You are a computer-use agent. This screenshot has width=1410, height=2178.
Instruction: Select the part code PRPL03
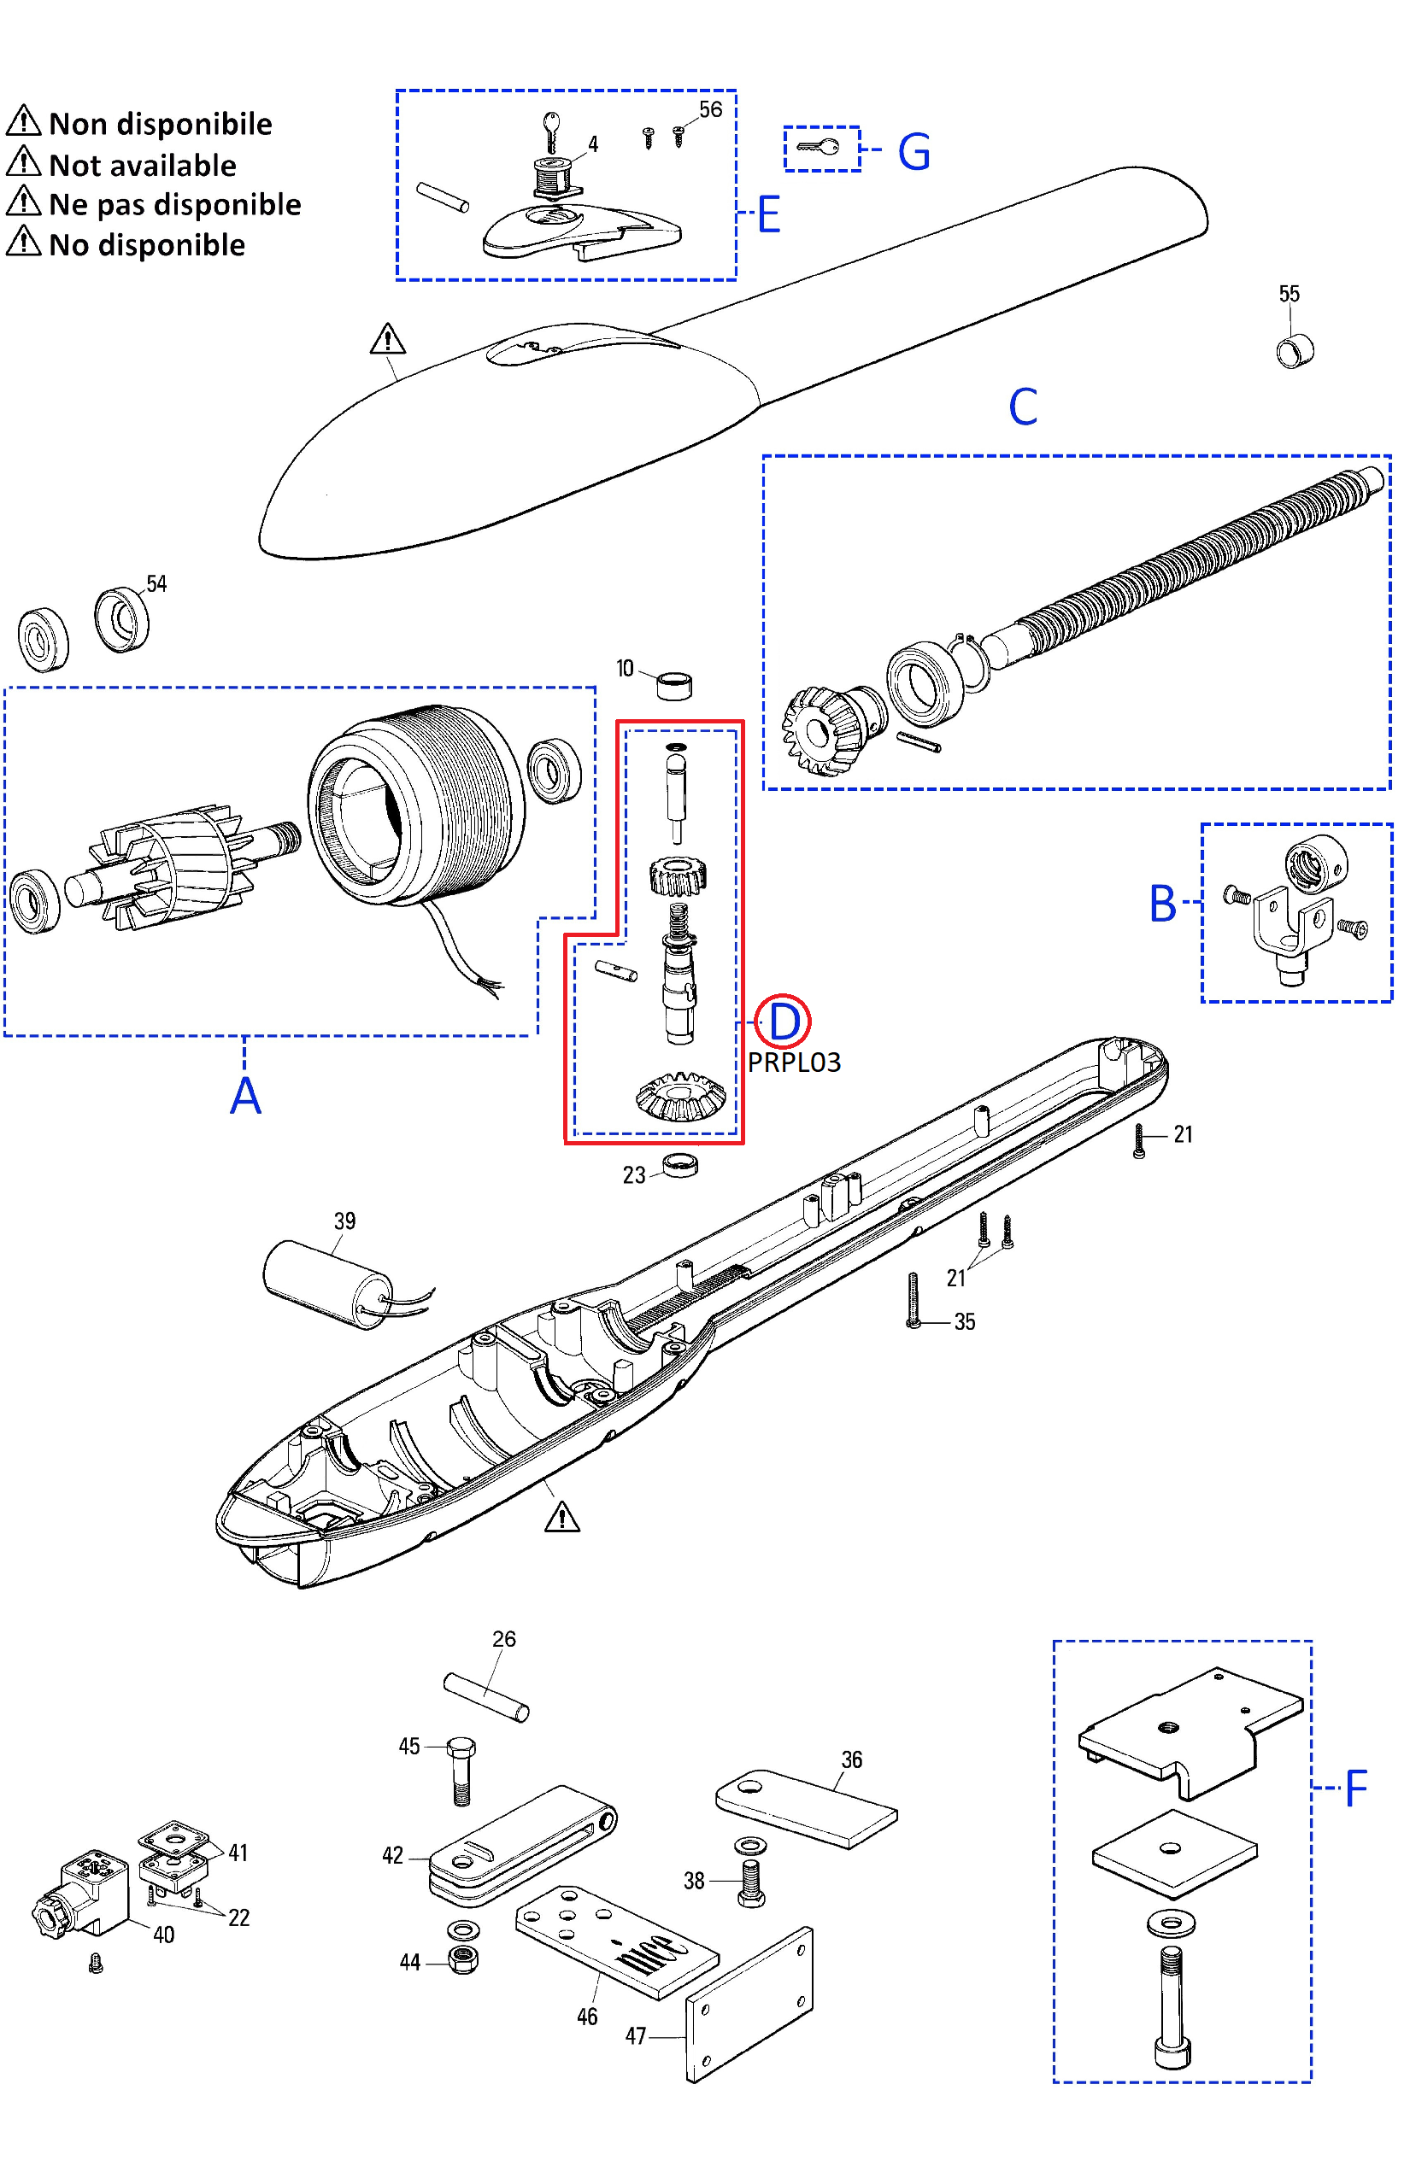(794, 1063)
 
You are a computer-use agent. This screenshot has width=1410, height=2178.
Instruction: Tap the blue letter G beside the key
(914, 152)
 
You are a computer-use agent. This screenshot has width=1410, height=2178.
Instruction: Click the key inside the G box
(818, 146)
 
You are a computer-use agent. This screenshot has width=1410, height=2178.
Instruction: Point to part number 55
(1289, 294)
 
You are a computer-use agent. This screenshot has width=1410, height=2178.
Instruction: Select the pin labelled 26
(485, 1698)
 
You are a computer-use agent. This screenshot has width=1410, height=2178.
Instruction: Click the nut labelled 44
(463, 1960)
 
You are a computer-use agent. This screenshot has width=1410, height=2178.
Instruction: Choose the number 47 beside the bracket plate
(636, 2036)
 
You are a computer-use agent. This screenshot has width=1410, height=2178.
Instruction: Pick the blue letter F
(1356, 1787)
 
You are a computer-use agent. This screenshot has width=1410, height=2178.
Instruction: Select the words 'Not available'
(142, 166)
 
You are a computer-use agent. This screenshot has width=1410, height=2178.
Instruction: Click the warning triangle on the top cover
(387, 340)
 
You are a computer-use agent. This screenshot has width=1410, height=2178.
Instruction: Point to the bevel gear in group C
(818, 730)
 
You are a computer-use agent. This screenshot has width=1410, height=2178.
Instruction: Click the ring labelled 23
(680, 1165)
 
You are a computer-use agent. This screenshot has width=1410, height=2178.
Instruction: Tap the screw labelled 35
(913, 1299)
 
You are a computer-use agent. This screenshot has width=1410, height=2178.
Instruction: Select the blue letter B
(1162, 904)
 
